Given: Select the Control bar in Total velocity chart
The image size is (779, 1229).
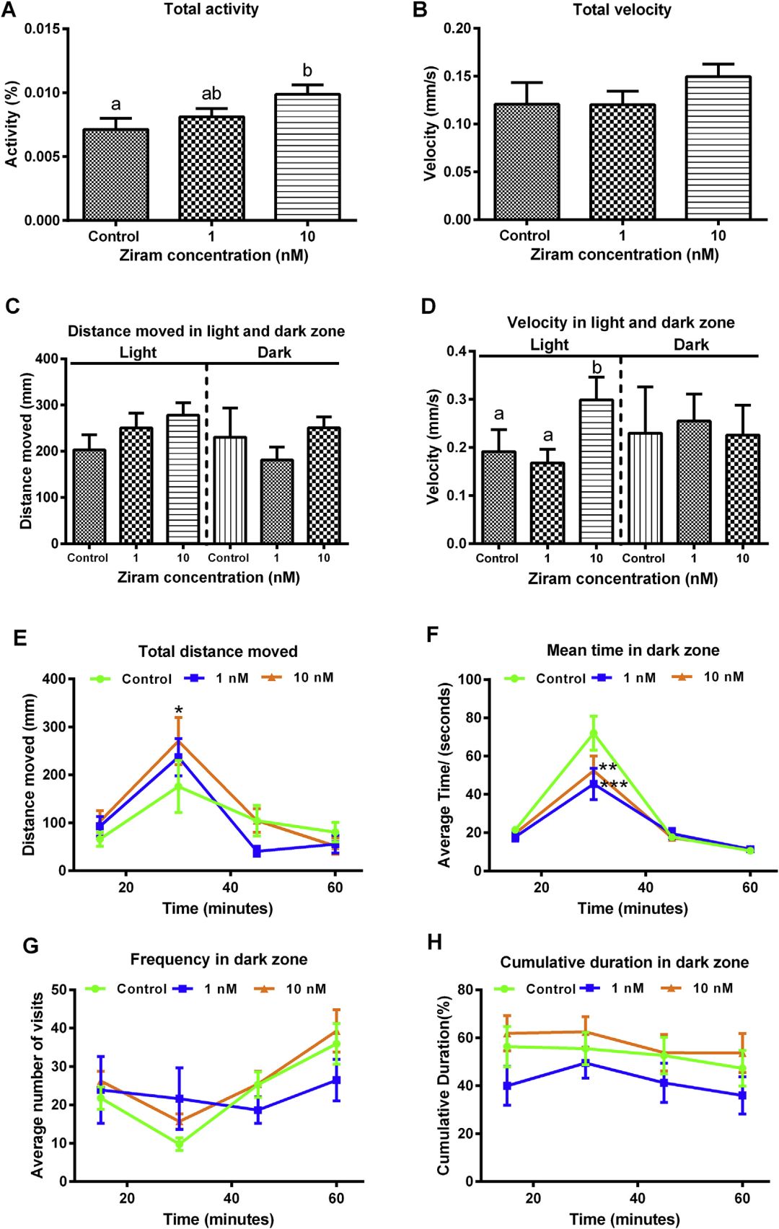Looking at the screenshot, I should point(527,162).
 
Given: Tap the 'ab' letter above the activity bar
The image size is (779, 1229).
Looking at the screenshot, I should point(211,94).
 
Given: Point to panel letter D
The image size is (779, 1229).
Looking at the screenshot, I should point(428,307).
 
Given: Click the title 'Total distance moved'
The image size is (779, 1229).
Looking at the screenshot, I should point(218,651).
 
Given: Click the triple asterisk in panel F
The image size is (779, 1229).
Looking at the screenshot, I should point(614,785).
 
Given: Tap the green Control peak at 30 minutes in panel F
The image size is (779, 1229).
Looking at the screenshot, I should point(594,734).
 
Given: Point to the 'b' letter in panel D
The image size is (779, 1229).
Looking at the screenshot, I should point(597,368).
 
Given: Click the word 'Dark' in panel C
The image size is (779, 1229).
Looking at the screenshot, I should point(274,352).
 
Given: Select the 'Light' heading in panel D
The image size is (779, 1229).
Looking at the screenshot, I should point(549,345).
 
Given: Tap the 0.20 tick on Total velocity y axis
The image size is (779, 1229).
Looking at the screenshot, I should point(457,29).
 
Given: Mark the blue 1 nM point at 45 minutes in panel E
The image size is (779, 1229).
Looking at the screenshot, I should point(257,852).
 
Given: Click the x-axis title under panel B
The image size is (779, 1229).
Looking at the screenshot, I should point(624,255).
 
